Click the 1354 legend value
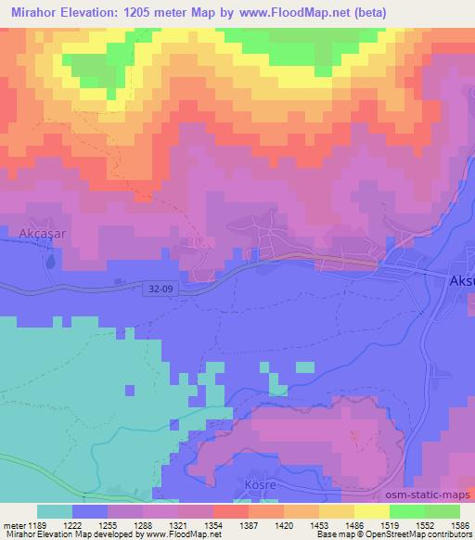213,525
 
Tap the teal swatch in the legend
55,511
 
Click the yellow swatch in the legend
371,511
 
